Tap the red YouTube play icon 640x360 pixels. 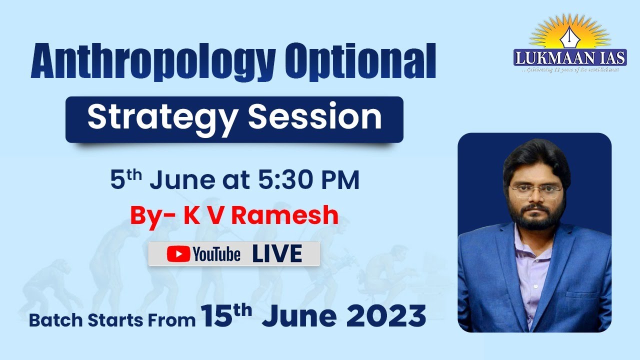178,254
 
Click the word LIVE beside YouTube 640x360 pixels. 277,254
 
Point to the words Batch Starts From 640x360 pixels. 112,320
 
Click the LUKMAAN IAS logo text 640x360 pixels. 570,58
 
